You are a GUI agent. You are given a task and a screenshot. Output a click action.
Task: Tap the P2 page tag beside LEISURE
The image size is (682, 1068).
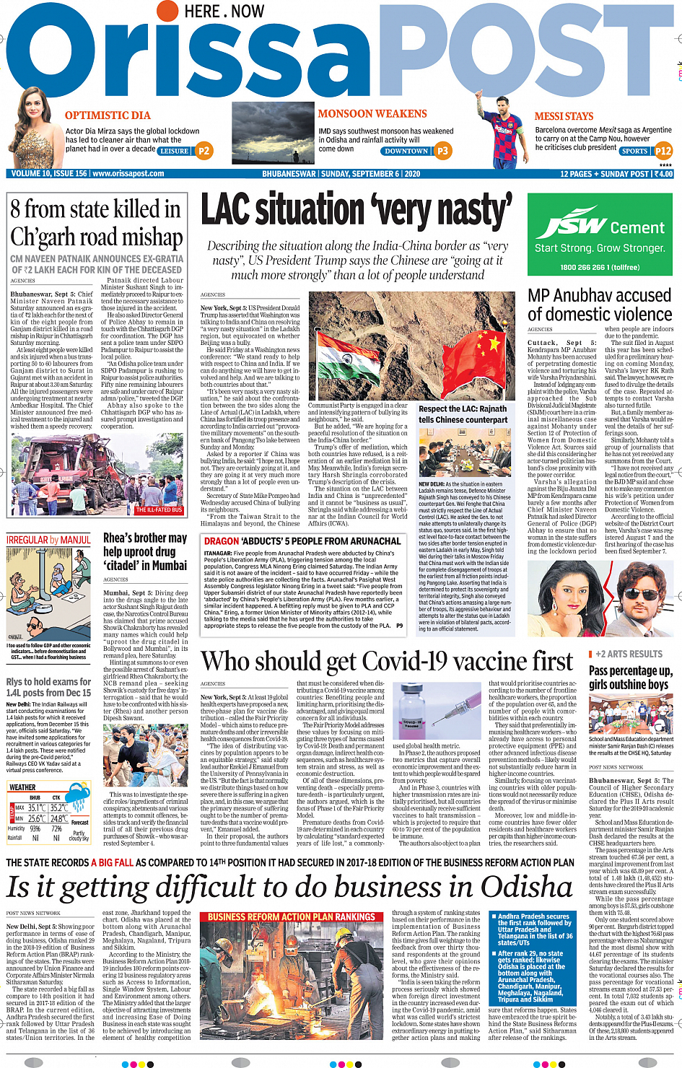[x=204, y=151]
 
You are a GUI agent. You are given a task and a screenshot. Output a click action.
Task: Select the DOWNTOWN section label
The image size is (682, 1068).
[x=406, y=152]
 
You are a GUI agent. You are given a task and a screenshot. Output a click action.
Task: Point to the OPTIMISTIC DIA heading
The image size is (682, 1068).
[x=108, y=115]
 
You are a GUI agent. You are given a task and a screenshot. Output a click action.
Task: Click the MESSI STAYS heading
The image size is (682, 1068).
[x=564, y=116]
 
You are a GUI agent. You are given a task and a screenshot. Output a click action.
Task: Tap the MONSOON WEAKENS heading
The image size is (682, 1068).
[x=372, y=114]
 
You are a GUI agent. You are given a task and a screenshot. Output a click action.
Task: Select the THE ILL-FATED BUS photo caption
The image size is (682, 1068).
[x=159, y=509]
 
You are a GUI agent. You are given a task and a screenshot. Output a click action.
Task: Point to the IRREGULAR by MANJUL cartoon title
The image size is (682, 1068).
[x=48, y=540]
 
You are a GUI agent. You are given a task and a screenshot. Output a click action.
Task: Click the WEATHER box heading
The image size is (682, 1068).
[x=22, y=787]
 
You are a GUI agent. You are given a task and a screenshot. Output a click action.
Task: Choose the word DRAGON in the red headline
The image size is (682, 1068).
[x=222, y=541]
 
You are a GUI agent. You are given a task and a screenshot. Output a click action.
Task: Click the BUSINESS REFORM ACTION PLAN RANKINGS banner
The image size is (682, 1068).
[x=292, y=917]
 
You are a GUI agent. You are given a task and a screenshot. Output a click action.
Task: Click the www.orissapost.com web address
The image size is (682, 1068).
[x=128, y=174]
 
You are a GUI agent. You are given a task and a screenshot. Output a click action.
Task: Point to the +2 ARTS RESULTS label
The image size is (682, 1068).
[x=629, y=654]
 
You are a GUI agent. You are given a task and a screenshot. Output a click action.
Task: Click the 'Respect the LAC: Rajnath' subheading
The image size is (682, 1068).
[x=463, y=408]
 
